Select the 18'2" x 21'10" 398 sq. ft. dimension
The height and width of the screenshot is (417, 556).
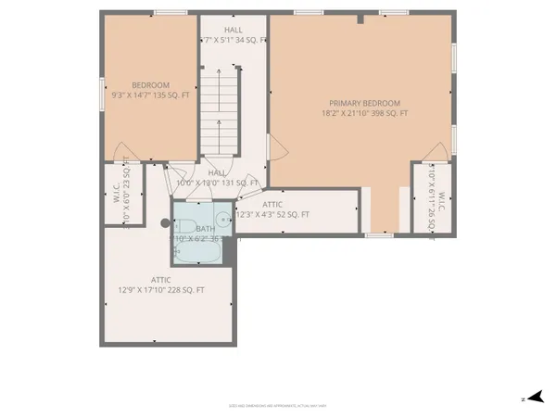click(x=364, y=112)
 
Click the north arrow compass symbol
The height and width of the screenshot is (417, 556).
click(x=531, y=398)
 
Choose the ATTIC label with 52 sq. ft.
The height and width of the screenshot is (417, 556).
click(x=272, y=205)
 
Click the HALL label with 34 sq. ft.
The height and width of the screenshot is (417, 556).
click(x=233, y=30)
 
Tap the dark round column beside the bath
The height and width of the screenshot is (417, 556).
click(x=166, y=222)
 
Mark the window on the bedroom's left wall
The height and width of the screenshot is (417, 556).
click(x=102, y=93)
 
